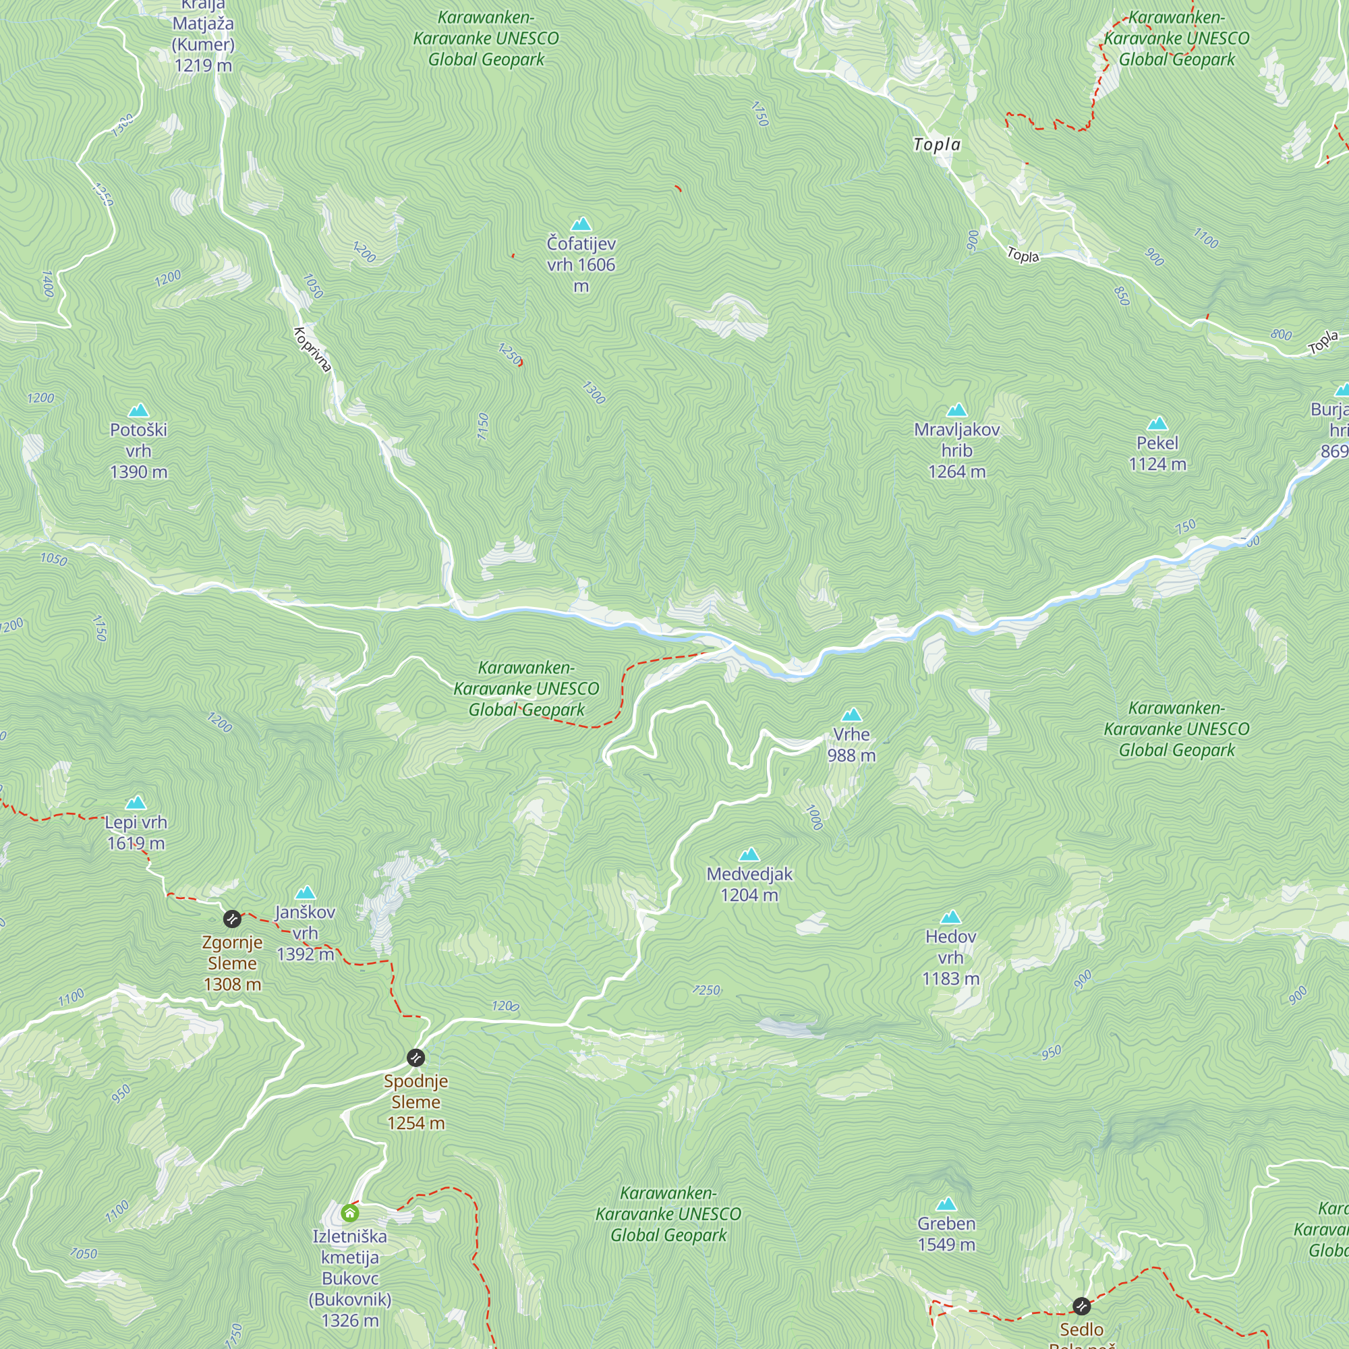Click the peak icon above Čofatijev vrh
tap(581, 224)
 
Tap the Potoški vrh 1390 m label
tap(138, 451)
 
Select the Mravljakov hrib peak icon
tap(956, 410)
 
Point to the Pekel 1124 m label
tap(1157, 453)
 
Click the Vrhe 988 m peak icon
tap(851, 715)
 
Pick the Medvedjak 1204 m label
tap(749, 884)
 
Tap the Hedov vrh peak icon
tap(950, 917)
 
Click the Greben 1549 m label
tap(946, 1233)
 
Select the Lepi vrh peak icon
tap(136, 802)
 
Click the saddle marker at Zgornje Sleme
tap(232, 918)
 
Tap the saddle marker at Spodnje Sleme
tap(415, 1057)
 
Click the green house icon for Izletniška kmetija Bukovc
tap(350, 1213)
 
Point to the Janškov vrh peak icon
tap(305, 892)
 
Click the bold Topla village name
tap(937, 144)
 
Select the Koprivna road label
tap(312, 349)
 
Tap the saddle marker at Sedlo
tap(1081, 1305)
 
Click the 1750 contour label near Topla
tap(759, 114)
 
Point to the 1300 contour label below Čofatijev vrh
tap(594, 393)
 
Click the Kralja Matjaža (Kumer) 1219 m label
tap(203, 35)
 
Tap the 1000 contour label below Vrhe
tap(814, 817)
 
